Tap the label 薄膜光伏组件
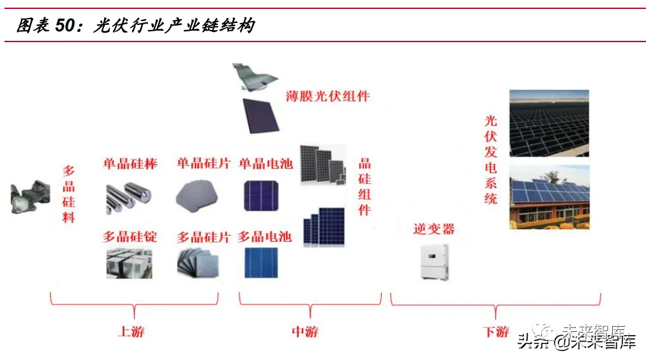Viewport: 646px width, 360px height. point(327,97)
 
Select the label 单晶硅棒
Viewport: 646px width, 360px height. point(130,164)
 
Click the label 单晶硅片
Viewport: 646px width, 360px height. point(203,164)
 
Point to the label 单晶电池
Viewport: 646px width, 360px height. point(266,164)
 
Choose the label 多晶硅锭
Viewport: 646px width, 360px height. point(130,237)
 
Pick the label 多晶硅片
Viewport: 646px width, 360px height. point(203,237)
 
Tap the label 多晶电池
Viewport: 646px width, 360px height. point(264,237)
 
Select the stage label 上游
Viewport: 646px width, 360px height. point(131,332)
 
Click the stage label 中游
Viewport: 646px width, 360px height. point(305,332)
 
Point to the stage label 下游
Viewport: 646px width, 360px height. point(496,332)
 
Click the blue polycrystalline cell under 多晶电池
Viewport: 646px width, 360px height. point(260,262)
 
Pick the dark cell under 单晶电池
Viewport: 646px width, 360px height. point(260,196)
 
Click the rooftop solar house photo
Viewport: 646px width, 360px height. point(549,197)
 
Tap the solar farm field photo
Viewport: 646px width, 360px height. point(549,123)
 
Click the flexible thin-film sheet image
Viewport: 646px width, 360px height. point(254,75)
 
